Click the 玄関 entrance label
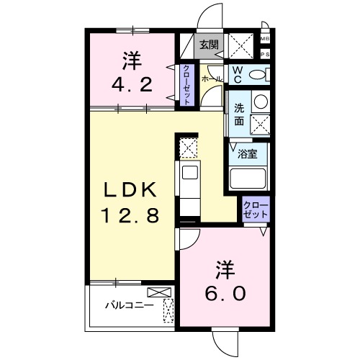click(209, 45)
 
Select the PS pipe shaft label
click(264, 53)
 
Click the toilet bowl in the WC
click(261, 74)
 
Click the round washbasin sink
click(260, 102)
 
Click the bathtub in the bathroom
click(248, 177)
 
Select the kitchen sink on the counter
click(190, 173)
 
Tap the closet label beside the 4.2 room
click(186, 85)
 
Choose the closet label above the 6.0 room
click(256, 210)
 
